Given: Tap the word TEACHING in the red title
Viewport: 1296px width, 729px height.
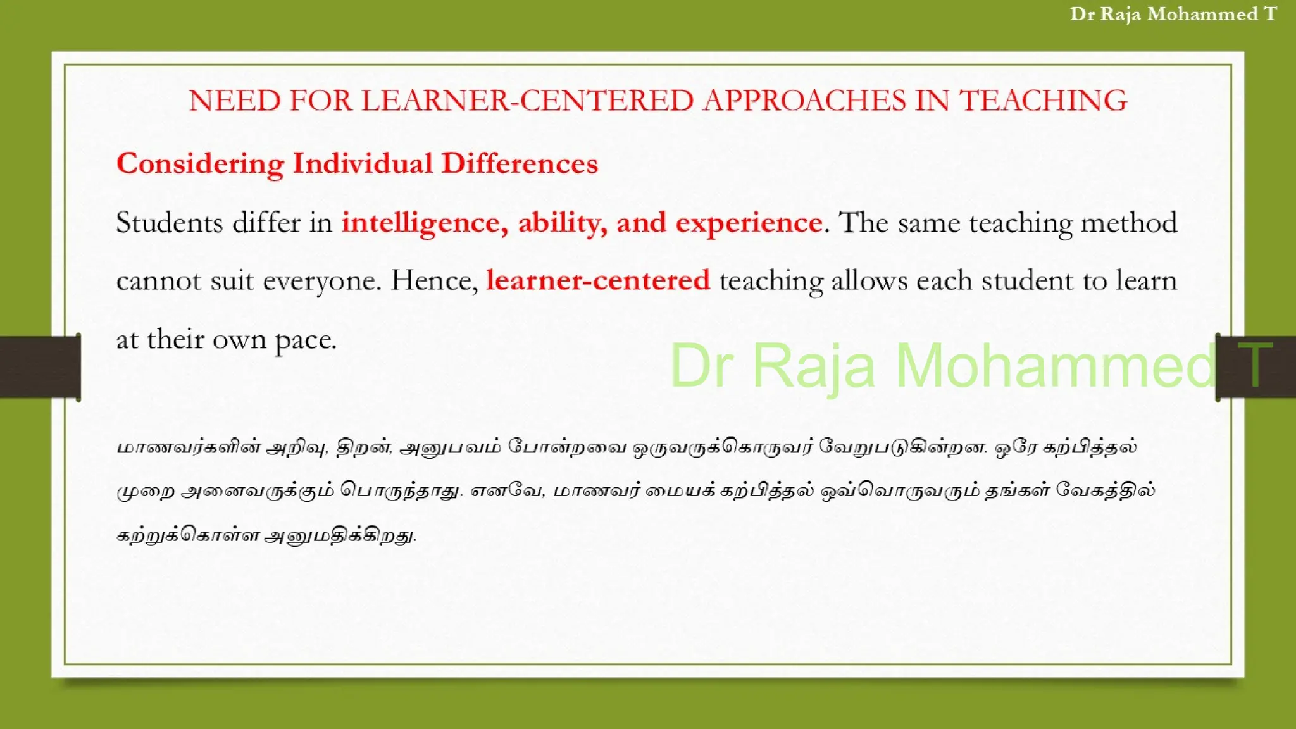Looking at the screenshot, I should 1044,101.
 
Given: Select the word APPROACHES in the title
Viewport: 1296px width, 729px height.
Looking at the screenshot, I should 804,101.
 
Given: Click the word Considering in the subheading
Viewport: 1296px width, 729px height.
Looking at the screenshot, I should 200,164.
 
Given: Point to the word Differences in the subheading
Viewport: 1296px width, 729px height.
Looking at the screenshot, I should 520,164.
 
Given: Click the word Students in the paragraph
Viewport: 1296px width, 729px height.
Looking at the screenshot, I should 170,223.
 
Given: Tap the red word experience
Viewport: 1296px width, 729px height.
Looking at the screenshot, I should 749,223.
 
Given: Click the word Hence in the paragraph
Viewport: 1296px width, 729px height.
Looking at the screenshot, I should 433,280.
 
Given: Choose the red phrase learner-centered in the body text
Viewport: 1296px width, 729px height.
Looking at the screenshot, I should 598,280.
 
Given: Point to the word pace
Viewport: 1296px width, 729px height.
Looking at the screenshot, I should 305,340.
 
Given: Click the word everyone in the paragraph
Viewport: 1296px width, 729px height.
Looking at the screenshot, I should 321,280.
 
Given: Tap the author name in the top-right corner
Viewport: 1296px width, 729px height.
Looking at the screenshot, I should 1173,14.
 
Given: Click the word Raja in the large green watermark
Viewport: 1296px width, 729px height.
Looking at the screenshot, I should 814,365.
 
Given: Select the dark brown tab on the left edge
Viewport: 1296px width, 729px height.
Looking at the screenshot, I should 39,366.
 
